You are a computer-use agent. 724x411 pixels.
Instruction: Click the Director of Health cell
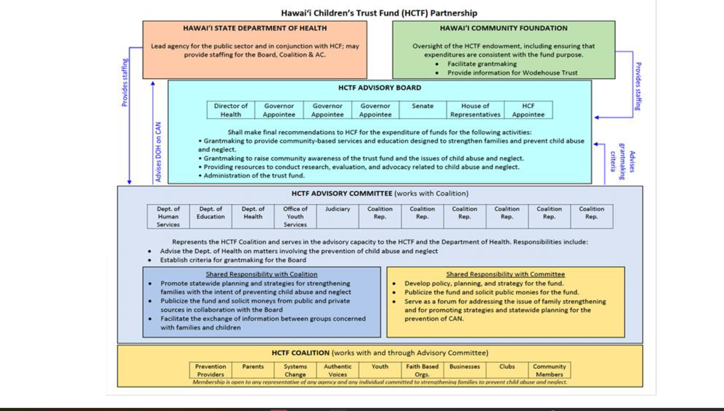click(x=231, y=110)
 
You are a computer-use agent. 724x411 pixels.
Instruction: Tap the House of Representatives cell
click(x=475, y=110)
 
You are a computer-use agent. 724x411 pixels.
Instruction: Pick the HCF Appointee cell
click(x=528, y=110)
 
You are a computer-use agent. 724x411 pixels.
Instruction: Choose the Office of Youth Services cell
click(x=295, y=216)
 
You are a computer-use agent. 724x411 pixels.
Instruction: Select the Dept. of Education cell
click(x=210, y=213)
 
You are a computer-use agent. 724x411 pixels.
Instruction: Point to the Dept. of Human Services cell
click(x=168, y=216)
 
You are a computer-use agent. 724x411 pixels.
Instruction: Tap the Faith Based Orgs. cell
click(x=422, y=370)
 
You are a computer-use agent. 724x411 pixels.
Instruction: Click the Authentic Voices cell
click(x=338, y=370)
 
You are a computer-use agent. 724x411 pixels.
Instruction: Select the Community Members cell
click(x=549, y=370)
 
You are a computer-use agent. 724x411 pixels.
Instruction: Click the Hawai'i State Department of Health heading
click(x=255, y=28)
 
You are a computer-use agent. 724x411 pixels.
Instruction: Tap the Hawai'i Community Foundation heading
click(x=504, y=28)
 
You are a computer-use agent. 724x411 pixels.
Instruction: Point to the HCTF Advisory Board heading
click(x=380, y=88)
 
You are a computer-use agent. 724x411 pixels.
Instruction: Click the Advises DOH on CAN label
click(x=158, y=152)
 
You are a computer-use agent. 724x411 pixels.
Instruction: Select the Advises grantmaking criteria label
click(x=623, y=161)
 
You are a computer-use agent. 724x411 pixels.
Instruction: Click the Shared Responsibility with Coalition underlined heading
click(x=262, y=274)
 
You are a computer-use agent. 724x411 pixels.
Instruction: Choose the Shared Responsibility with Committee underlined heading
click(x=505, y=274)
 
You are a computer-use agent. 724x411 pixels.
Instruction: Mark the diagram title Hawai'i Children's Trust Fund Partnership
click(x=379, y=13)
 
